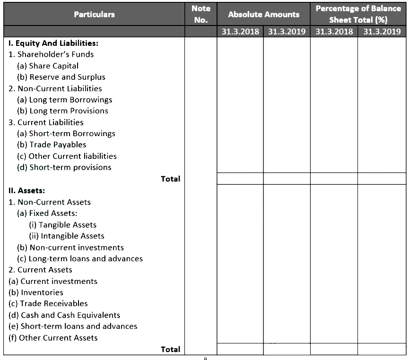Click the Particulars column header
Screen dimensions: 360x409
[x=94, y=14]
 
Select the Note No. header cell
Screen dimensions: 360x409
[x=201, y=14]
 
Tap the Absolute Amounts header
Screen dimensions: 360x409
[x=263, y=14]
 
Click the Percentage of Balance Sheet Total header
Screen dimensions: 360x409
[x=358, y=14]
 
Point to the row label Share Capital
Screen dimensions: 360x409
[x=48, y=66]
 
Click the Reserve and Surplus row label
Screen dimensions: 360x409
[x=61, y=77]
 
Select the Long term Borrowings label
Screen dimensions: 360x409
[x=64, y=100]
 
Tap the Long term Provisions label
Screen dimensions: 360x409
[x=62, y=111]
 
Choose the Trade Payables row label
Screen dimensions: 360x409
[x=52, y=145]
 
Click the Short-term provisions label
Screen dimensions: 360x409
[x=64, y=167]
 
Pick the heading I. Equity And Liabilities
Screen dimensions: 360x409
[x=53, y=43]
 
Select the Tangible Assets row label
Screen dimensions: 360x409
[x=62, y=225]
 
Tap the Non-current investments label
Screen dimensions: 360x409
[x=70, y=248]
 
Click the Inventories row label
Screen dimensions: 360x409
[x=36, y=292]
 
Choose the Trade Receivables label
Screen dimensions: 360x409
[x=48, y=304]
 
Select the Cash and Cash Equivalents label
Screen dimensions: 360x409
[x=64, y=315]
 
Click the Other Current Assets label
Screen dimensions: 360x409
[x=53, y=338]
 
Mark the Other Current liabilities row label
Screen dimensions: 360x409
[x=67, y=156]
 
